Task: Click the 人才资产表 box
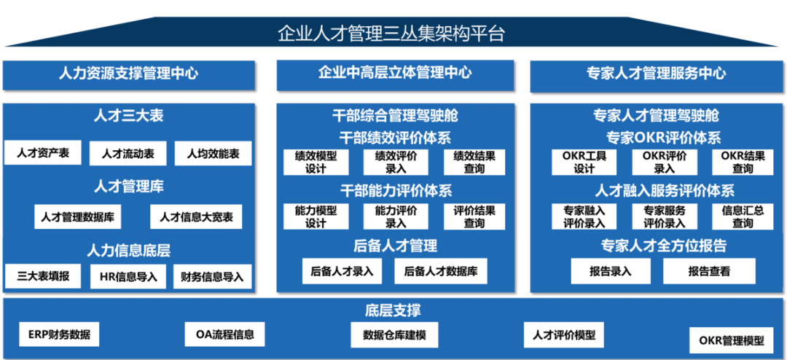click(x=43, y=153)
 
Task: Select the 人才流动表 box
click(x=128, y=153)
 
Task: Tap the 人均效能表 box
click(x=213, y=153)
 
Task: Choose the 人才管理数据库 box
click(x=77, y=216)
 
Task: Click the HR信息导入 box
click(x=128, y=276)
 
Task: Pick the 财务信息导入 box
click(x=213, y=276)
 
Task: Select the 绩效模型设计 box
click(x=316, y=162)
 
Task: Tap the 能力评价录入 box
click(x=396, y=216)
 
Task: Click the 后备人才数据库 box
click(x=441, y=271)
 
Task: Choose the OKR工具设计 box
click(x=584, y=162)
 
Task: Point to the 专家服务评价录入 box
click(x=664, y=216)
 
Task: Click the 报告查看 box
click(x=709, y=271)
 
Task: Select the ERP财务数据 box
click(x=60, y=334)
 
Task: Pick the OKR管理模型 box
click(x=731, y=340)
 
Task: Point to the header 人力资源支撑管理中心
click(x=128, y=73)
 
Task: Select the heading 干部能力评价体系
click(x=396, y=191)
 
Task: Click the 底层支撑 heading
click(x=393, y=310)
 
